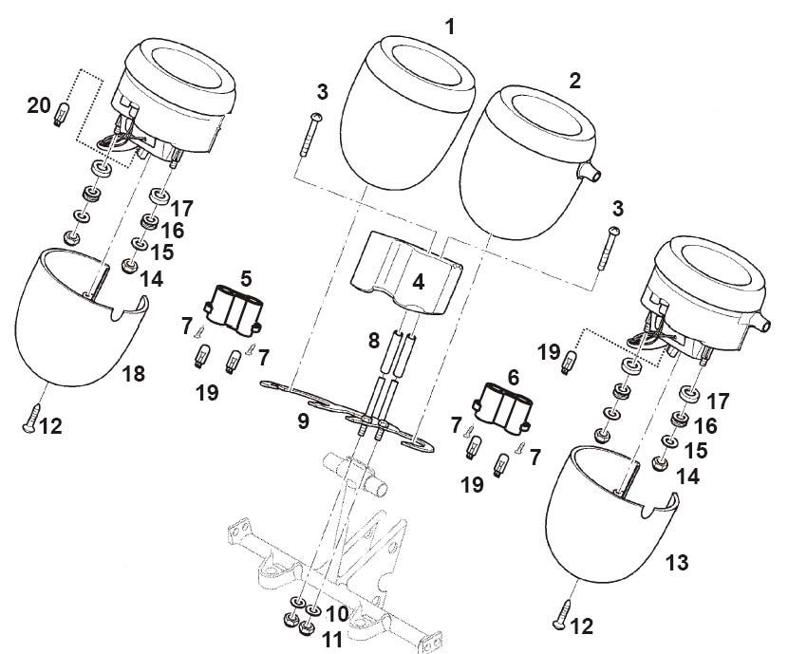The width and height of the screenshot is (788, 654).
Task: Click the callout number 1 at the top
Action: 450,26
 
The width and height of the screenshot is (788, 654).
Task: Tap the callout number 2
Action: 574,81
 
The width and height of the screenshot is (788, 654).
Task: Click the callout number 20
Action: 39,106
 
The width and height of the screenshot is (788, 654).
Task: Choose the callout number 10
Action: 338,614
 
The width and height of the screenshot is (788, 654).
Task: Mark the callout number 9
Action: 303,420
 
